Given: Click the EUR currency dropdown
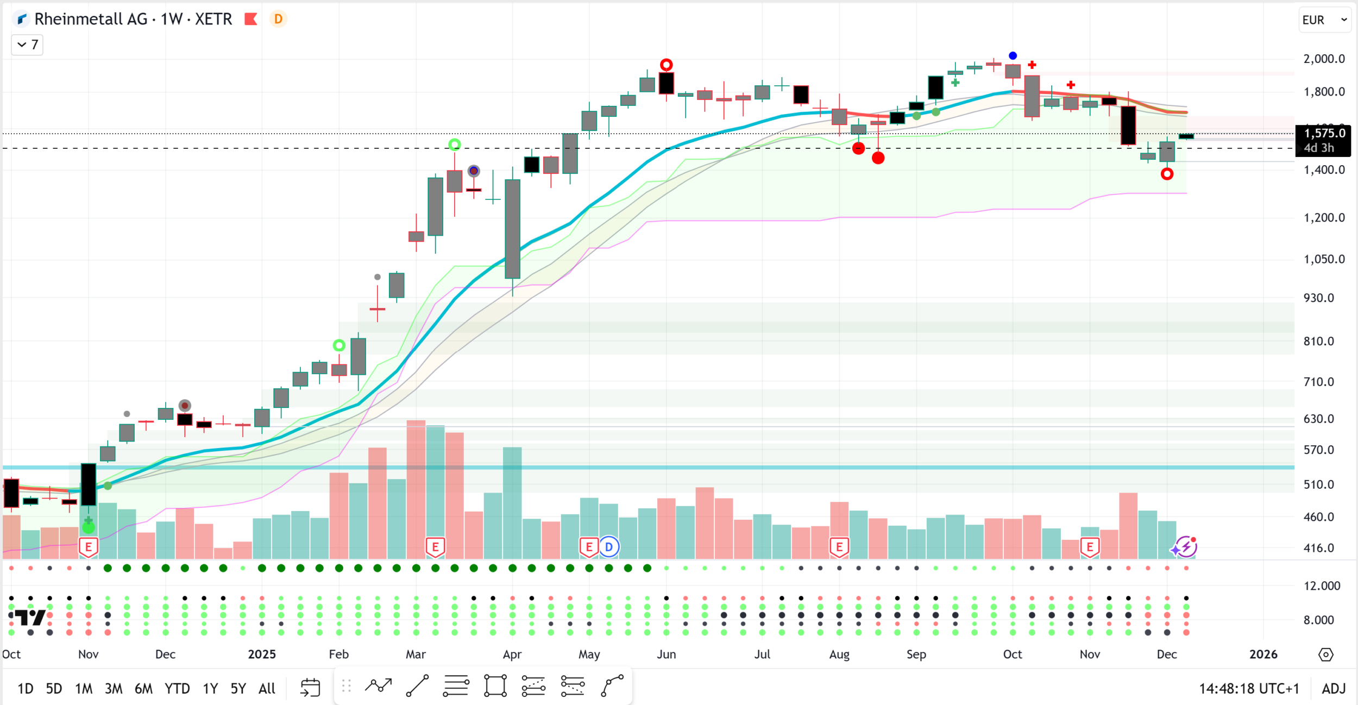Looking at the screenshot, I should [1324, 20].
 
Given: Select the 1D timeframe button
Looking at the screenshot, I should [25, 689].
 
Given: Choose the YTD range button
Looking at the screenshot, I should [177, 689].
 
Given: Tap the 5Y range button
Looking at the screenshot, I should [238, 689].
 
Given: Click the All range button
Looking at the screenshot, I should [267, 689].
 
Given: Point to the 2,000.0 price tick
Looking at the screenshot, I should [1324, 59].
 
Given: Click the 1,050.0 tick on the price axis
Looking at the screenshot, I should [1324, 259].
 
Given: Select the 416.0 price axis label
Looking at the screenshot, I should [1319, 548].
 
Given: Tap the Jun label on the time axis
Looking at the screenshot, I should [666, 654].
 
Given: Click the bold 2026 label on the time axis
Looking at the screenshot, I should [1263, 654].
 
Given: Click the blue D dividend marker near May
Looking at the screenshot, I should [609, 547].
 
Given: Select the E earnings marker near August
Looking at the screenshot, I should [839, 547].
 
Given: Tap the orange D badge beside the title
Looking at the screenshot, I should [278, 20].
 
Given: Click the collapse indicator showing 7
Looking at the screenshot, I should [27, 45].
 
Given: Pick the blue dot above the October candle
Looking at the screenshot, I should [1013, 55].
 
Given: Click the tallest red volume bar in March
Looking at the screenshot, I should [416, 489].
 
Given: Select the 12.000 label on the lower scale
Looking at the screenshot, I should [1322, 586].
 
